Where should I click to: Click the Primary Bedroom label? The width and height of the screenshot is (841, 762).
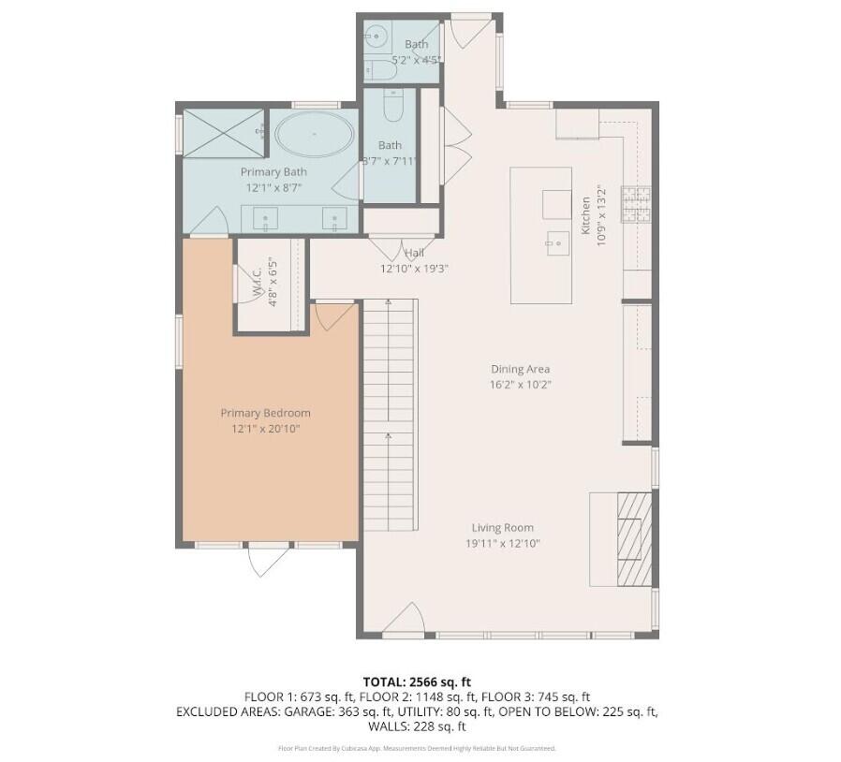(x=265, y=413)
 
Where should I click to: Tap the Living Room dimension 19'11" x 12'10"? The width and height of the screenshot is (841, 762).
(x=503, y=544)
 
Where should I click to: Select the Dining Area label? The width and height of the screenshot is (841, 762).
(x=520, y=369)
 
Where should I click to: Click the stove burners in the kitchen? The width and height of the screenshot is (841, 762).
(x=638, y=203)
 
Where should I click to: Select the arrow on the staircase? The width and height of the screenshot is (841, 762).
(x=388, y=440)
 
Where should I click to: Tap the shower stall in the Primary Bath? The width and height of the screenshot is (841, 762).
(x=222, y=132)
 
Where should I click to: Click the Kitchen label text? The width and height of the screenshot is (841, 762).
(x=585, y=215)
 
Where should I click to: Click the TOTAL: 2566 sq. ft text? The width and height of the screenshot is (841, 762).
(x=419, y=681)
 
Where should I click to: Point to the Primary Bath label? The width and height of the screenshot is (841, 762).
(x=273, y=172)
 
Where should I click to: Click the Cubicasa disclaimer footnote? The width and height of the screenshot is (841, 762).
(x=418, y=748)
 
